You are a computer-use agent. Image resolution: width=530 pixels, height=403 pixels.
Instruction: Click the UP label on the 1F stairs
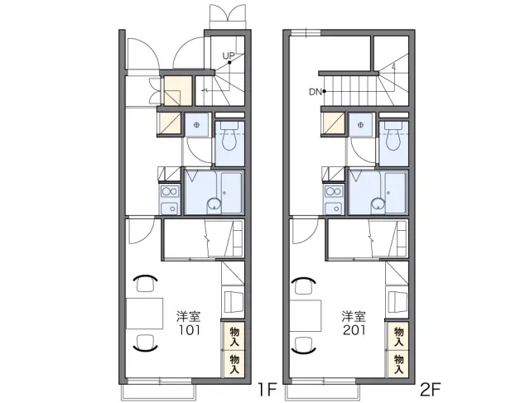(229, 55)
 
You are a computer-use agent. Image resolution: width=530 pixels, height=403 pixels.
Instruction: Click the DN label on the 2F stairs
(315, 92)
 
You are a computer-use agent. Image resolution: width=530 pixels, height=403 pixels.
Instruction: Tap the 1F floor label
(267, 390)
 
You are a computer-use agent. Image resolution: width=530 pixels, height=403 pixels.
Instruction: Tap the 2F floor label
(431, 390)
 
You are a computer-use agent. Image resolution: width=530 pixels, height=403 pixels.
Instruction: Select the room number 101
(190, 329)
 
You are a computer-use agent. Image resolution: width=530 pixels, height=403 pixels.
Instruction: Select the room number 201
(354, 329)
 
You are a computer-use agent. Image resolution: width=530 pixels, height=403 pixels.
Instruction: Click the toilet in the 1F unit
(230, 137)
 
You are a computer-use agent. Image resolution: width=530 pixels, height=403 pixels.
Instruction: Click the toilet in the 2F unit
(394, 137)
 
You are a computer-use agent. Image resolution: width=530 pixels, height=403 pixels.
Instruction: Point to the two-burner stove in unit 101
(170, 191)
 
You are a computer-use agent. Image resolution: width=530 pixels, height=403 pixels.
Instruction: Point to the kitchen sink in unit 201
(335, 208)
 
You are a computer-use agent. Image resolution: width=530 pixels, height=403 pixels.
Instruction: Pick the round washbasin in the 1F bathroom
(214, 204)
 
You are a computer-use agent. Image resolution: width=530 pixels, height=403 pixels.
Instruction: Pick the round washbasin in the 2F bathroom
(378, 204)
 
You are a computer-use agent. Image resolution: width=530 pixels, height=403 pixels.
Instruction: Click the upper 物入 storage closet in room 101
(234, 336)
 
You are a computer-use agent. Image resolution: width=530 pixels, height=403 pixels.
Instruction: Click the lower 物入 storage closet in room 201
(398, 364)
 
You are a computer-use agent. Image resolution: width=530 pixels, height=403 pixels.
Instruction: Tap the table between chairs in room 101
(145, 313)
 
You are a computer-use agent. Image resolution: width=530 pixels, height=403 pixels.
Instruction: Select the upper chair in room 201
(303, 285)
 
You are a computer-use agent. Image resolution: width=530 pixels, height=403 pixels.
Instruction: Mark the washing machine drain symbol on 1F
(197, 125)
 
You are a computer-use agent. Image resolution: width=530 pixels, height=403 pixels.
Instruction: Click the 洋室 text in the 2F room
(354, 316)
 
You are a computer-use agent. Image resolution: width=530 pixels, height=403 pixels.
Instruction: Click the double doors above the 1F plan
(227, 17)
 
